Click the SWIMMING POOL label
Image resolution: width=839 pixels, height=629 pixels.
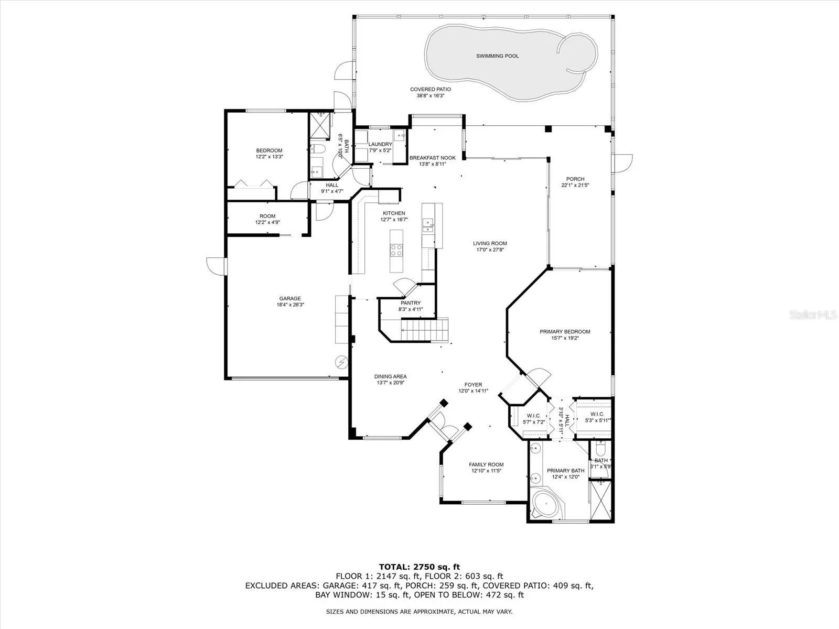pos(497,56)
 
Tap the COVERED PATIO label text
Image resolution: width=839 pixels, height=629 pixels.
pos(431,89)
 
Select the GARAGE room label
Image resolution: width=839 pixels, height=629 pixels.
pos(290,299)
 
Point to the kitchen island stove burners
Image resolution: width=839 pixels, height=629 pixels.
pos(396,250)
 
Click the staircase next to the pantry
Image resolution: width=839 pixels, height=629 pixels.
pos(424,329)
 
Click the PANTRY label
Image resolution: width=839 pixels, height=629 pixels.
pos(411,303)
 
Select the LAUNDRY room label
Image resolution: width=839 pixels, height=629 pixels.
pos(380,144)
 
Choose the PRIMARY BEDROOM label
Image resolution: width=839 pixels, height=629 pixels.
pos(565,332)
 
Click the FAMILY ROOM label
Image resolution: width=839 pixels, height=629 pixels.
pos(486,465)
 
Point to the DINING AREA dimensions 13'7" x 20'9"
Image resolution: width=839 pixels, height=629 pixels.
pos(390,383)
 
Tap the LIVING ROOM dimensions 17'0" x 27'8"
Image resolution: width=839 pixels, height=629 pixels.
pos(490,250)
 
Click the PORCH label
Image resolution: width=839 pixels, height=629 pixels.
pos(575,179)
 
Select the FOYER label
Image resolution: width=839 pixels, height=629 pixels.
pos(473,385)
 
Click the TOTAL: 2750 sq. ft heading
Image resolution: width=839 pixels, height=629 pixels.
pos(419,567)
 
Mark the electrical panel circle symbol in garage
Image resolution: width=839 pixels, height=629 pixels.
pos(341,362)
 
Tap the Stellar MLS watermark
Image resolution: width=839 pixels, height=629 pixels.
pos(813,314)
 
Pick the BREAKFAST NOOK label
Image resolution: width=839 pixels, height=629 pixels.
pos(432,158)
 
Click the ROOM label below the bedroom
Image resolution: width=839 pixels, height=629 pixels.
pos(267,216)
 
